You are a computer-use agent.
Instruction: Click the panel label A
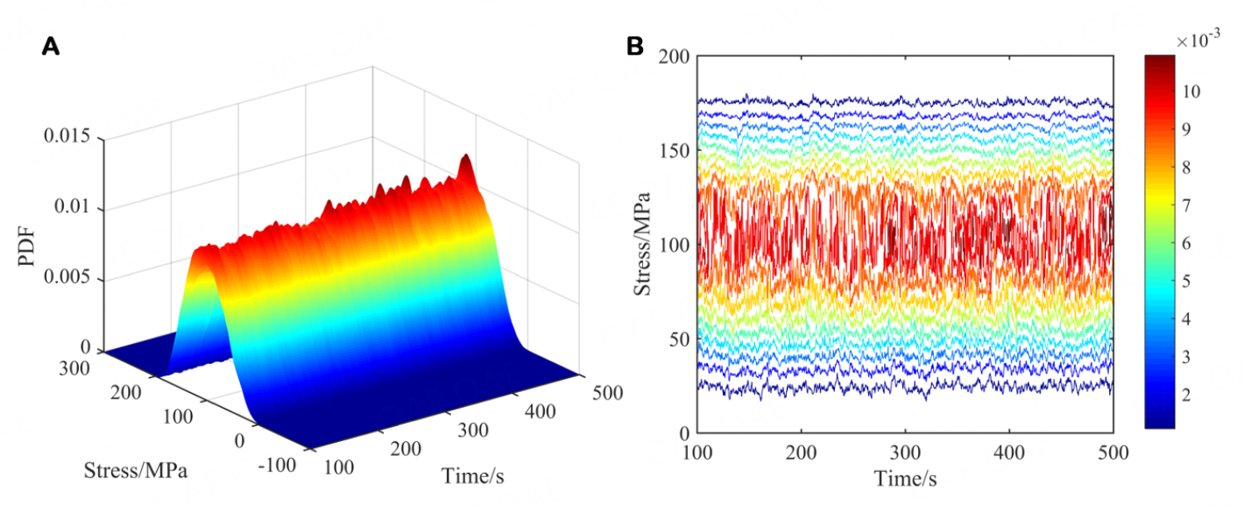click(51, 47)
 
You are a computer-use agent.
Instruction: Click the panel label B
click(635, 47)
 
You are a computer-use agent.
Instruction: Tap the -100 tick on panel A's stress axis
click(276, 464)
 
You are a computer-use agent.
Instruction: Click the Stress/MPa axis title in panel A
click(135, 472)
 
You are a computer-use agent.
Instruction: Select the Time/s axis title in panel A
click(473, 475)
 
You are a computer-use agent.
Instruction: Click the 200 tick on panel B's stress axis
click(674, 56)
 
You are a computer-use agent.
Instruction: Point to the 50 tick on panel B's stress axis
click(678, 339)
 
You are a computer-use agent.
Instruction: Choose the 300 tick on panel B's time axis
click(905, 452)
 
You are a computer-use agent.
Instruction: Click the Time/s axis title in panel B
click(905, 479)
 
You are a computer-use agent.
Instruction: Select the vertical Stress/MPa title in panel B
click(642, 244)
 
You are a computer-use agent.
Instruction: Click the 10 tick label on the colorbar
click(1191, 91)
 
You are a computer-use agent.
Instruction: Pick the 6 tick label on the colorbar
click(1187, 243)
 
